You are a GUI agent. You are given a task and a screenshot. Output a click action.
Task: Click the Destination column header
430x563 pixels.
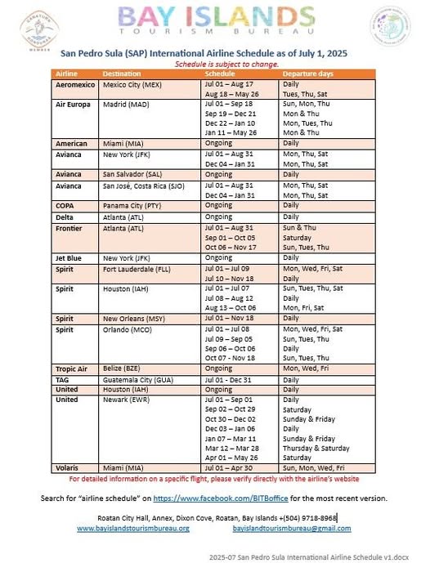click(122, 74)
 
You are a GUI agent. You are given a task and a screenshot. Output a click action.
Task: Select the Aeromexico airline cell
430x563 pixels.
click(76, 84)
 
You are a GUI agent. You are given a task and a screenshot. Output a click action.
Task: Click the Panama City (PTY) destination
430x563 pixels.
click(131, 205)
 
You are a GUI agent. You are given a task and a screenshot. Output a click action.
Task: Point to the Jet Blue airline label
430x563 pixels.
click(70, 257)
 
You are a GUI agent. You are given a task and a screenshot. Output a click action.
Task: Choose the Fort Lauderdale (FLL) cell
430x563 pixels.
click(140, 268)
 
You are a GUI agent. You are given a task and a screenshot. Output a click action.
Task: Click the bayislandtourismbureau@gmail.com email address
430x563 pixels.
click(292, 528)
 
